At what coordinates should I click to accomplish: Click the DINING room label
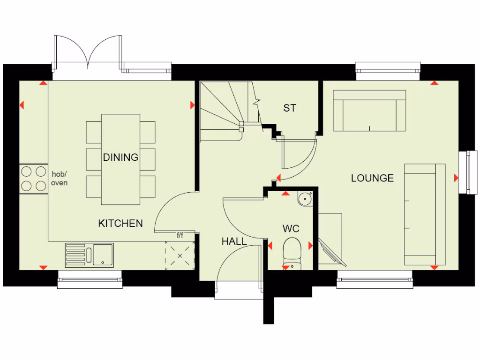pos(120,157)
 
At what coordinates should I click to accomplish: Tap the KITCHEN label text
pos(120,223)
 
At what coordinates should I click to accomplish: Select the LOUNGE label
pos(373,178)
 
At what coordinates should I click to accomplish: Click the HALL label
pos(234,241)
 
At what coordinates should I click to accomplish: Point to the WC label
pos(291,229)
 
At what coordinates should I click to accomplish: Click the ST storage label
pos(290,108)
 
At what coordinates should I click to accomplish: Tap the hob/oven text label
pos(59,178)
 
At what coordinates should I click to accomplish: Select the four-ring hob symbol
pos(34,178)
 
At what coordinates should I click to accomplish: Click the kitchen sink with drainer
pos(90,255)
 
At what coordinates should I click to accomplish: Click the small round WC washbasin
pos(304,199)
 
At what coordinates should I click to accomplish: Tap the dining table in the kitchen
pos(120,159)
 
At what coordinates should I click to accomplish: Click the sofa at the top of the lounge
pos(369,111)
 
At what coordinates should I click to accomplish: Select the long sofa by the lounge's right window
pos(425,215)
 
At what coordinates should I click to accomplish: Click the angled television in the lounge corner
pos(330,252)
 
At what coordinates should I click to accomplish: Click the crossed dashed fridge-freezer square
pos(180,255)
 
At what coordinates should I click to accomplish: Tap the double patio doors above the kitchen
pos(89,52)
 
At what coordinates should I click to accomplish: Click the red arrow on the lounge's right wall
pos(456,178)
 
